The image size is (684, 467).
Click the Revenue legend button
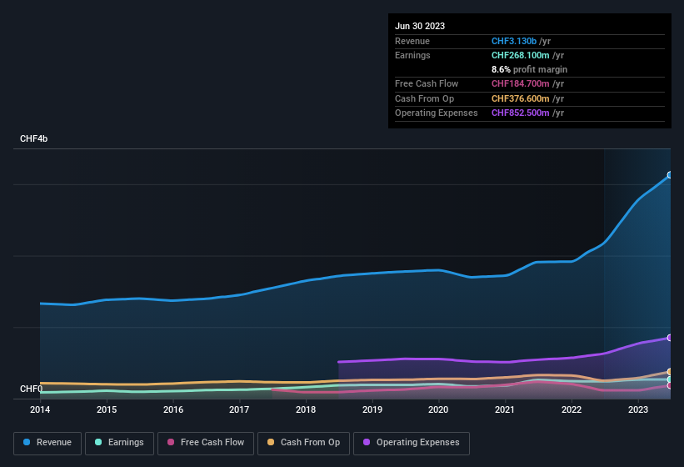tap(47, 443)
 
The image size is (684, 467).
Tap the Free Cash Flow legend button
tap(205, 443)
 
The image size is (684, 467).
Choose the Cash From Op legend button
tap(302, 443)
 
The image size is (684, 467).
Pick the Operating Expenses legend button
tap(411, 443)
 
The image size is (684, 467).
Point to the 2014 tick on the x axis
tap(40, 409)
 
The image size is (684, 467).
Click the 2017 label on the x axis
tap(239, 409)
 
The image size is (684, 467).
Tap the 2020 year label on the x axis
tap(438, 409)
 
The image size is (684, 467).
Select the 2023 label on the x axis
tap(637, 409)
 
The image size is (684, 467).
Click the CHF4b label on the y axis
tap(34, 138)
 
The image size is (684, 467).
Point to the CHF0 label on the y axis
tap(31, 389)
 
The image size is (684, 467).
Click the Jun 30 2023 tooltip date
tap(420, 26)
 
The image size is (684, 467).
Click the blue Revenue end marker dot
tap(670, 175)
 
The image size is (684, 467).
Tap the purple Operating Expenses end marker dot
tap(670, 338)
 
